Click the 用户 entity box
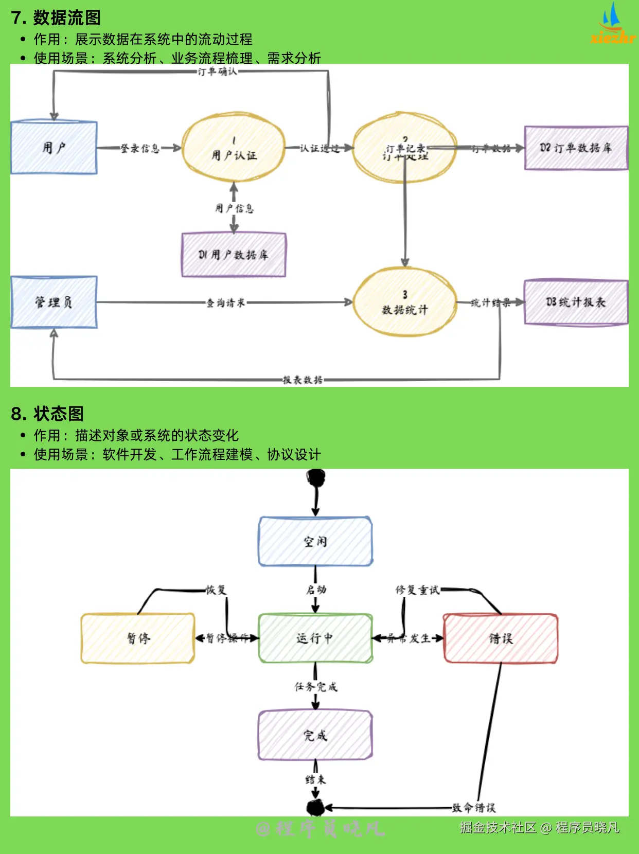pyautogui.click(x=54, y=148)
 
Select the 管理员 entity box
pyautogui.click(x=54, y=302)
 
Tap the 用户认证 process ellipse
pyautogui.click(x=234, y=148)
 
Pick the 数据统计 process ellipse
pyautogui.click(x=405, y=303)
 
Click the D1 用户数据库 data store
pyautogui.click(x=234, y=255)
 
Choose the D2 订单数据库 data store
pyautogui.click(x=576, y=148)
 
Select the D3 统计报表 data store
pyautogui.click(x=576, y=302)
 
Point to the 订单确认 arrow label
pyautogui.click(x=217, y=72)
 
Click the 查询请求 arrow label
pyautogui.click(x=225, y=303)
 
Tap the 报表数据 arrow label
pyautogui.click(x=303, y=380)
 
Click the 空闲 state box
pyautogui.click(x=315, y=541)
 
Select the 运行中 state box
pyautogui.click(x=315, y=638)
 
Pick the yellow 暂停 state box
pyautogui.click(x=138, y=638)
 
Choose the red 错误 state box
pyautogui.click(x=501, y=638)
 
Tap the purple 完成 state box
pyautogui.click(x=315, y=735)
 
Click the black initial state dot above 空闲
pyautogui.click(x=316, y=478)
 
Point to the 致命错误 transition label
pyautogui.click(x=473, y=808)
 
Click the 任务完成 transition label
pyautogui.click(x=316, y=686)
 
